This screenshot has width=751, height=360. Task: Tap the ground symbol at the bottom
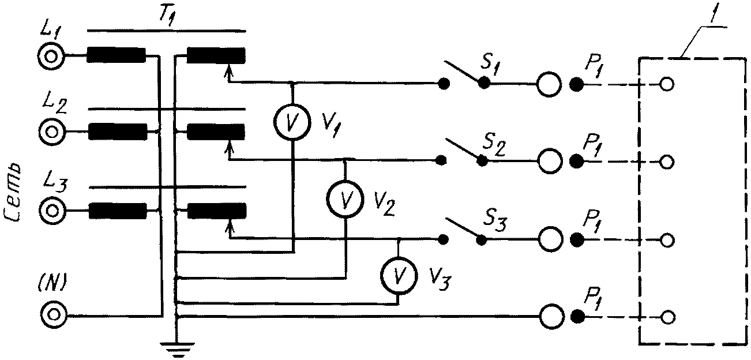click(177, 348)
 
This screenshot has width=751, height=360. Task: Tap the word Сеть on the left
click(13, 193)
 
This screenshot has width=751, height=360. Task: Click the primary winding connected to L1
click(117, 55)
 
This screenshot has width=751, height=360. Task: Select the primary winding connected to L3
click(118, 211)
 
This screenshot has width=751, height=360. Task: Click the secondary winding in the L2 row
click(216, 132)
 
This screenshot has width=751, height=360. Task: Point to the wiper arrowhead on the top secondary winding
click(229, 70)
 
